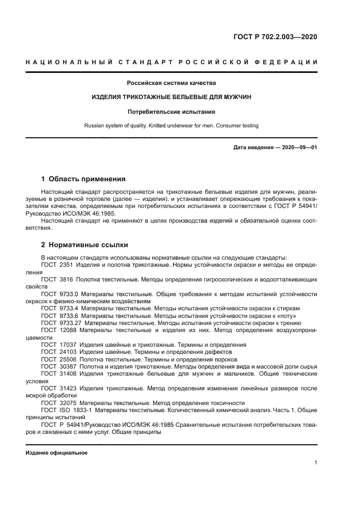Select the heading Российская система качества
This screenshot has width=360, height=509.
pyautogui.click(x=172, y=83)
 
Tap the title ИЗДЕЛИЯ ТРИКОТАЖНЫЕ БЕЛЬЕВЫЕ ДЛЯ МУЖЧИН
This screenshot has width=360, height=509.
pyautogui.click(x=172, y=97)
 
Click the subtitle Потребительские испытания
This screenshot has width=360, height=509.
pyautogui.click(x=172, y=112)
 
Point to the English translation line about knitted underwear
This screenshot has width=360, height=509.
pyautogui.click(x=172, y=126)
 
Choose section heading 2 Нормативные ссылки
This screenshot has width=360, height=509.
pyautogui.click(x=84, y=245)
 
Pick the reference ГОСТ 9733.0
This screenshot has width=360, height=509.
pyautogui.click(x=60, y=293)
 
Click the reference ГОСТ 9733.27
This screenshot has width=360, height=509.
pyautogui.click(x=62, y=323)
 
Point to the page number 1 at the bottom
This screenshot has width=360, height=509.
pyautogui.click(x=316, y=463)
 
